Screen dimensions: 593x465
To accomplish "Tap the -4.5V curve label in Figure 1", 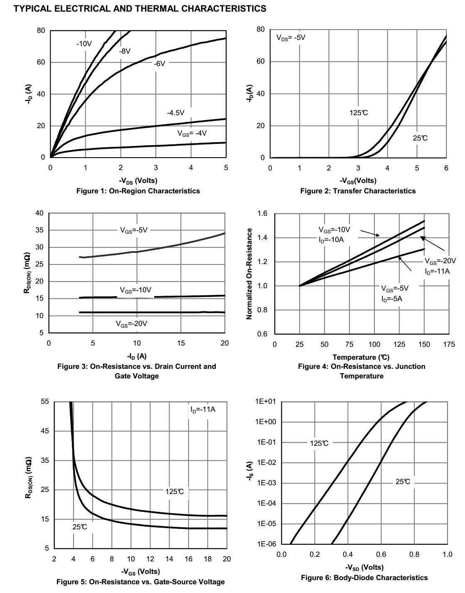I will [x=175, y=113].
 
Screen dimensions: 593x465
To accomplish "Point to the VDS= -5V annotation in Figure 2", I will [x=291, y=38].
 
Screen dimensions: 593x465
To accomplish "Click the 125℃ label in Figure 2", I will [x=359, y=113].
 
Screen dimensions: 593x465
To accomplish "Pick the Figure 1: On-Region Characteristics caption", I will [x=138, y=191].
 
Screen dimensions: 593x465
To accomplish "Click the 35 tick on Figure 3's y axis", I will [x=40, y=230].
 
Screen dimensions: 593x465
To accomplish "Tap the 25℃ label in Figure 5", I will [x=80, y=527].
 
